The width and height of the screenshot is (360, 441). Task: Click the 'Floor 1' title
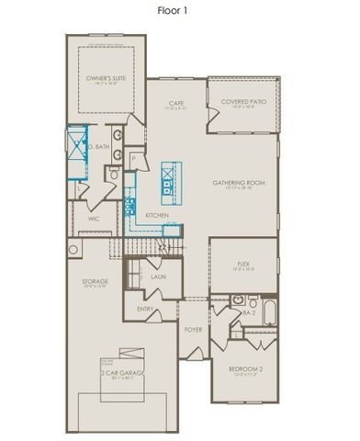179,10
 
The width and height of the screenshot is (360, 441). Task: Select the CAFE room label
177,103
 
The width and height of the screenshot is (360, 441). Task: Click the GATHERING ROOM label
239,183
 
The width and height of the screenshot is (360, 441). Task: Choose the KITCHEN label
156,215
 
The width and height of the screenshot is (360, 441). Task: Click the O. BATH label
98,147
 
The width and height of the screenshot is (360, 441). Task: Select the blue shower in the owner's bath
74,146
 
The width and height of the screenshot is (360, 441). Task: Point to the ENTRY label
146,309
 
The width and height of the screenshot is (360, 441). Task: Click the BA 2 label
247,312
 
